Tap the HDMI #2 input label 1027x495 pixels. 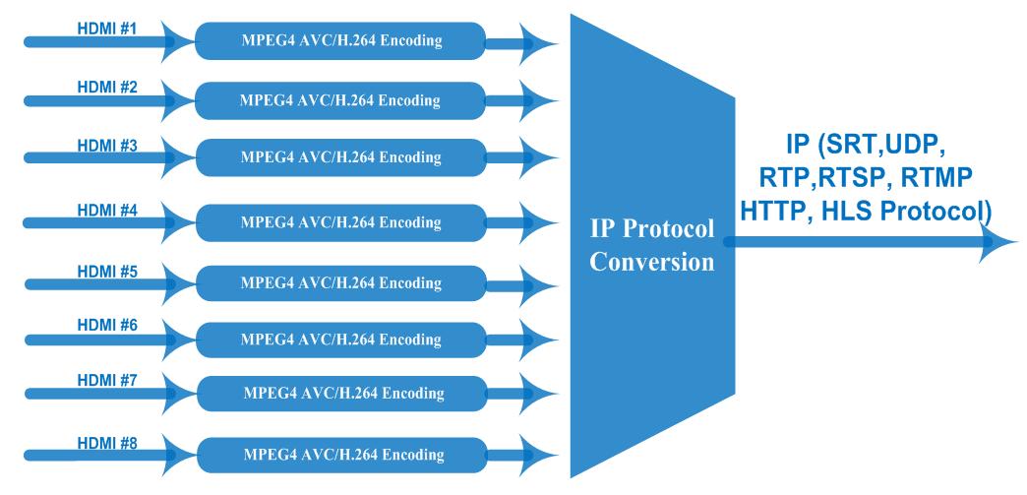point(107,87)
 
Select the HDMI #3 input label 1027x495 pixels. point(107,145)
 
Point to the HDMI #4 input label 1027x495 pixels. point(107,209)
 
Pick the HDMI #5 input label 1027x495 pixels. point(107,269)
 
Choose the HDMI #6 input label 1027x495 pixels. point(107,326)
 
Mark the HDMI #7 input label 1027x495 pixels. point(107,381)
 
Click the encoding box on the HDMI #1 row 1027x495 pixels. point(341,41)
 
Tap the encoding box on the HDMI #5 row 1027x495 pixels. point(341,283)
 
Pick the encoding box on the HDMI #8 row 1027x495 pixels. point(341,455)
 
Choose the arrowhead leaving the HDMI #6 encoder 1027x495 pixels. point(541,340)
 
